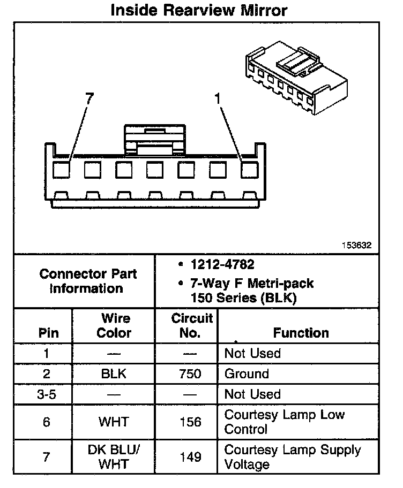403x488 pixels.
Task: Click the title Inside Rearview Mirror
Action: point(199,10)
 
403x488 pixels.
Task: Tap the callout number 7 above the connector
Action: point(89,98)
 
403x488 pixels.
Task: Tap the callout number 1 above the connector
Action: point(217,98)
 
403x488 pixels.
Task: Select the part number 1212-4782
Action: point(215,264)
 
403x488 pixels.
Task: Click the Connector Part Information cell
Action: point(88,281)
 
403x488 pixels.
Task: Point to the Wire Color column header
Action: point(114,325)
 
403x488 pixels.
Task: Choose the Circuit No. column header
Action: point(192,325)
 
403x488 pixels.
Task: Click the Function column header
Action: point(301,333)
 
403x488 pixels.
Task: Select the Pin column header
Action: point(49,333)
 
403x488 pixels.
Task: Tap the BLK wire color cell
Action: point(114,374)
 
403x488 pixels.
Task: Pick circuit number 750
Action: point(191,374)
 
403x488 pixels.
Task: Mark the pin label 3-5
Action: point(47,394)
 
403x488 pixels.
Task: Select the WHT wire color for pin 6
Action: point(114,422)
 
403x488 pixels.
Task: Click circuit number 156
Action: point(191,422)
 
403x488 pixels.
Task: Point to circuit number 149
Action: point(191,457)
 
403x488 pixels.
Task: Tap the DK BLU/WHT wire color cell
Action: point(114,457)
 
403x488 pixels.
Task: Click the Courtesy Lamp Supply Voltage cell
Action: point(293,457)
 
